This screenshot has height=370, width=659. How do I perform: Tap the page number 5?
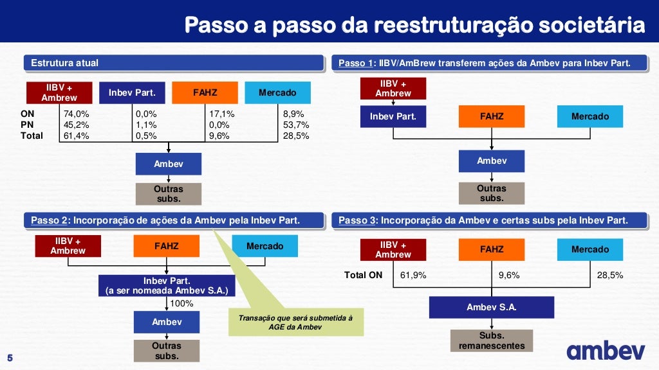click(10, 358)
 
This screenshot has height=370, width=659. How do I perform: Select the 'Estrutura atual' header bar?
click(174, 63)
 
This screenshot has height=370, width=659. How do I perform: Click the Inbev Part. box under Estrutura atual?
click(132, 93)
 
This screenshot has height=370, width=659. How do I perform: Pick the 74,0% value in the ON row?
click(76, 114)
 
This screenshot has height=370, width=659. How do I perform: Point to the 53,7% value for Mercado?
click(296, 125)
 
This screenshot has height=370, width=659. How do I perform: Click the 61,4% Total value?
click(76, 136)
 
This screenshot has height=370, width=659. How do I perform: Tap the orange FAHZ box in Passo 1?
click(492, 116)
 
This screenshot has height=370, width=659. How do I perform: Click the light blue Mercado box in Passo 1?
click(589, 116)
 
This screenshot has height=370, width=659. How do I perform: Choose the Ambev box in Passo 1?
click(492, 161)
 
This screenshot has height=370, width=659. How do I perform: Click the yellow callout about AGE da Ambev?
click(296, 322)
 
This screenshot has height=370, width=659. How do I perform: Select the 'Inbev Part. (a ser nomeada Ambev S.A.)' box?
click(167, 285)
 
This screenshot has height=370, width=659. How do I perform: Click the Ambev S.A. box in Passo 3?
click(492, 307)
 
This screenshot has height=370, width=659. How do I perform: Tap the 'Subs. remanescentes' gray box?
click(492, 340)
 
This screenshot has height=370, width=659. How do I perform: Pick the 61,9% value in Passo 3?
click(413, 275)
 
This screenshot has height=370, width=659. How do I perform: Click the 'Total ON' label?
click(363, 275)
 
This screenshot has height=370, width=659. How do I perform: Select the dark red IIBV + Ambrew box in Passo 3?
click(393, 249)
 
